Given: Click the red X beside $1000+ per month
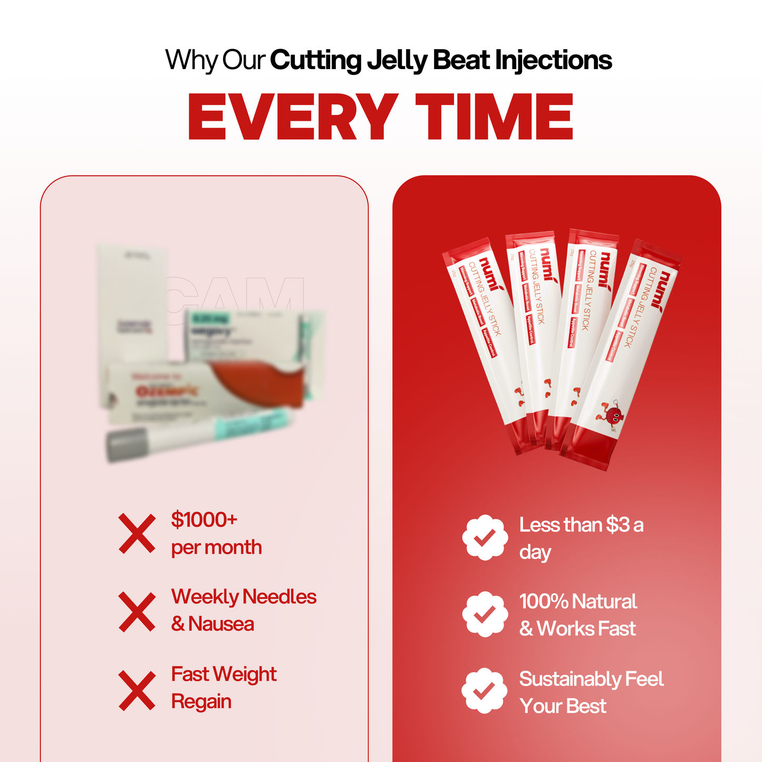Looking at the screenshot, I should [137, 534].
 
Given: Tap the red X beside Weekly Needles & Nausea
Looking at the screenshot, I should [137, 612].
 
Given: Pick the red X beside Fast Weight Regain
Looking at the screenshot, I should [137, 690].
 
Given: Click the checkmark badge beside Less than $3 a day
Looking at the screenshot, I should [485, 537].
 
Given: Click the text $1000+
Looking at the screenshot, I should [204, 520].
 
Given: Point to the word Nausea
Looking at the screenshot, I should [221, 624].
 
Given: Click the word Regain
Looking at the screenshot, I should [201, 702].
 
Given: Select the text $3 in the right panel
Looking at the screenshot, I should [618, 525].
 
